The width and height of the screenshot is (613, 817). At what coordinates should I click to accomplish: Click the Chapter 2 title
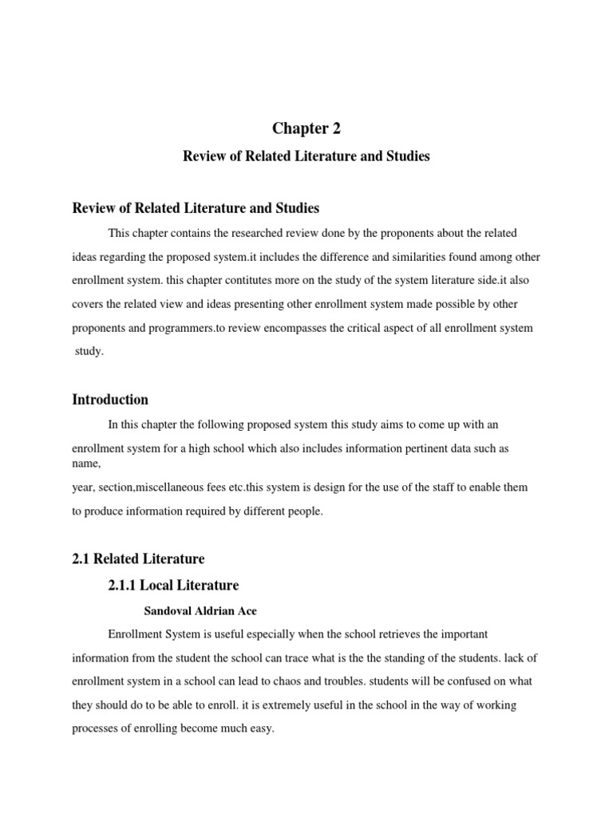(x=306, y=128)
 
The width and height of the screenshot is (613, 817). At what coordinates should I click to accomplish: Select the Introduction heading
(x=110, y=399)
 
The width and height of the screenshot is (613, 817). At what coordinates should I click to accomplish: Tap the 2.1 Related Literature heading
(x=139, y=558)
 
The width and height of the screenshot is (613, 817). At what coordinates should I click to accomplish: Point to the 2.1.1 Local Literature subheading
(x=173, y=585)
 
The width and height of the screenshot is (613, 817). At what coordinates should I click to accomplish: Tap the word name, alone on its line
(x=86, y=463)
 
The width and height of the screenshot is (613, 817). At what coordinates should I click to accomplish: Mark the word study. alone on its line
(x=90, y=351)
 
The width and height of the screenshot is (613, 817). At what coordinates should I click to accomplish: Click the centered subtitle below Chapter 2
(x=306, y=156)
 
